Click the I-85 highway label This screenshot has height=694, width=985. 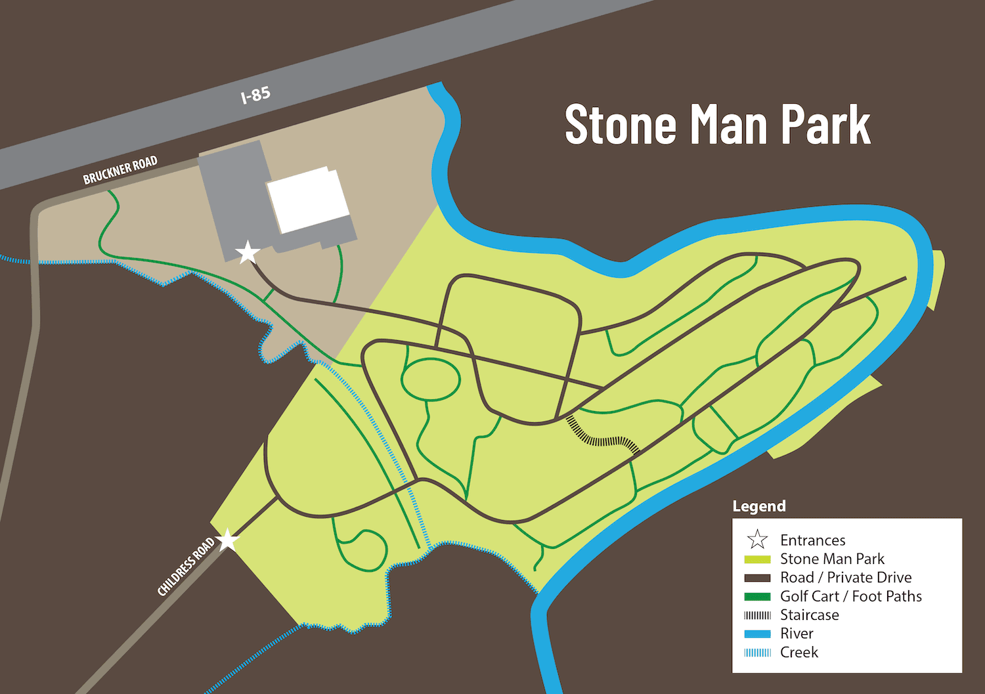[255, 95]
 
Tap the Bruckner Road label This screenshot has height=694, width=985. [120, 170]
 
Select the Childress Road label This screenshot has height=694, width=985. [186, 567]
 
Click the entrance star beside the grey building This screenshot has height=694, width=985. [248, 252]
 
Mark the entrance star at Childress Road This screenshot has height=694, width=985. [227, 540]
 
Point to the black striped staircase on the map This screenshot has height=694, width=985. [603, 437]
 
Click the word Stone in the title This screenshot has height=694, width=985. [620, 124]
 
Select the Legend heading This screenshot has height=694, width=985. [759, 506]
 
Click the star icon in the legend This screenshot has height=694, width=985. [757, 540]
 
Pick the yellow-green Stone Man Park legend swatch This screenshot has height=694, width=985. [757, 559]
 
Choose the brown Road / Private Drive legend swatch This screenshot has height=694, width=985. [757, 578]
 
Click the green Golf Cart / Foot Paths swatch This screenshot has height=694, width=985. [757, 597]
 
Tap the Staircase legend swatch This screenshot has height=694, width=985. [757, 615]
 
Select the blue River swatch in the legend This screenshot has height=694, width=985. [757, 634]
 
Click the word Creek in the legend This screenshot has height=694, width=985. [799, 653]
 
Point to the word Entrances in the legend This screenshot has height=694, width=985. [812, 540]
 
